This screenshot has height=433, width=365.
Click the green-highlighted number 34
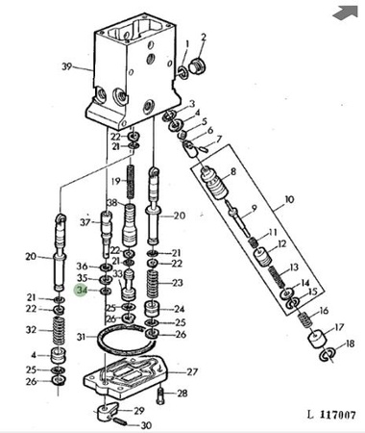[x=82, y=291]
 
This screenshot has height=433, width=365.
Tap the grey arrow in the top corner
[x=345, y=13]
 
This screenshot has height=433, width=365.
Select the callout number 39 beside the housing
[x=66, y=66]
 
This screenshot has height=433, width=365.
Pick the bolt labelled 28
[x=160, y=395]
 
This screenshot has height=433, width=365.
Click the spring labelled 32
[x=59, y=332]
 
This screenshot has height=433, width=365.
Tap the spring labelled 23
[x=154, y=284]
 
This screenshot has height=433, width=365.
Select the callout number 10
[x=289, y=199]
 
